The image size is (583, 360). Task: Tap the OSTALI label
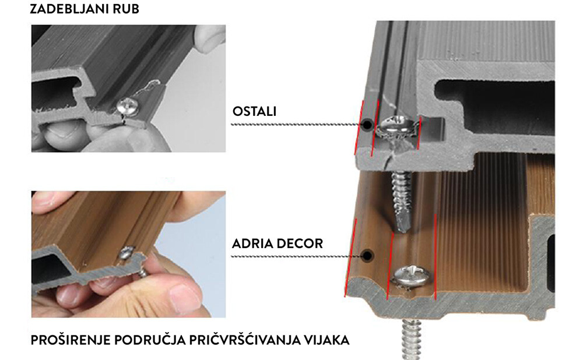point(254,111)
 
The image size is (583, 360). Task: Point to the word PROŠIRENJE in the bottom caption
point(71,340)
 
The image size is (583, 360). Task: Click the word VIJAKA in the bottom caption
point(326,340)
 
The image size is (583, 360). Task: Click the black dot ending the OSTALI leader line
point(367,125)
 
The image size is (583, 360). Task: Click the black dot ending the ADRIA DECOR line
point(368,256)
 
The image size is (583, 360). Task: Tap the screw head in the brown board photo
point(127,253)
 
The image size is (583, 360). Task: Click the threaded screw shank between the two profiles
point(402,200)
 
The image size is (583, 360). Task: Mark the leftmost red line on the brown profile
point(350,258)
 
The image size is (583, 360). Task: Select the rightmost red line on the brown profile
point(435,256)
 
